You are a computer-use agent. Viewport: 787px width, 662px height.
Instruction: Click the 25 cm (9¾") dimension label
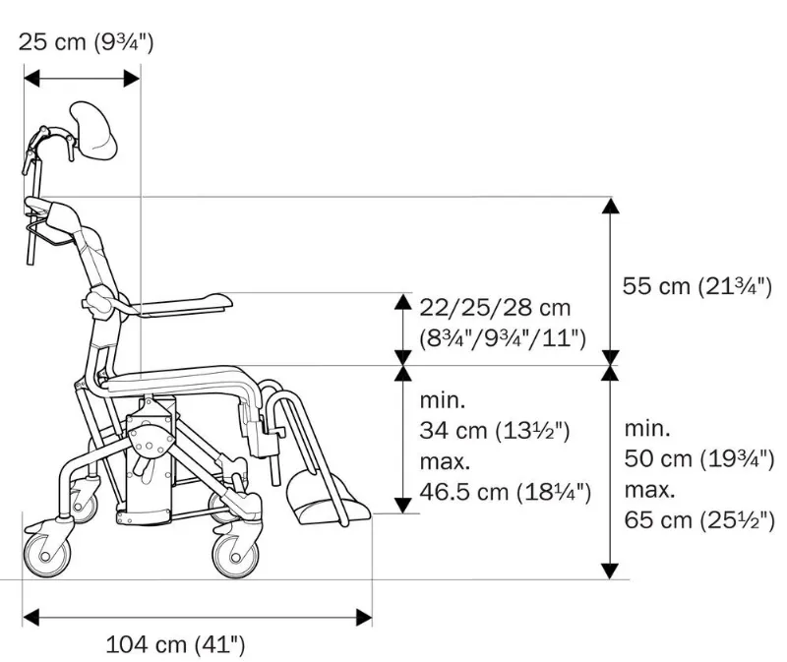pyautogui.click(x=88, y=42)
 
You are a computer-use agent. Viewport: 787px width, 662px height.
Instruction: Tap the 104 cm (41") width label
pyautogui.click(x=175, y=645)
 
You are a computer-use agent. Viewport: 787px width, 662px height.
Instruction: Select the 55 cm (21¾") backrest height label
pyautogui.click(x=696, y=286)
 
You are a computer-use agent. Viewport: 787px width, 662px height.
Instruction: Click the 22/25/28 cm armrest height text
pyautogui.click(x=494, y=309)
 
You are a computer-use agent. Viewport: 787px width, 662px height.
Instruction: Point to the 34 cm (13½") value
pyautogui.click(x=496, y=430)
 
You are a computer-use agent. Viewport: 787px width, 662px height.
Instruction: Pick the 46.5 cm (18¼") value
pyautogui.click(x=506, y=491)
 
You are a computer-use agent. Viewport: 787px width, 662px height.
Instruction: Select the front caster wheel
pyautogui.click(x=237, y=554)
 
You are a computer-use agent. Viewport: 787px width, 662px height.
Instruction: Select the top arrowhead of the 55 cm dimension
pyautogui.click(x=610, y=208)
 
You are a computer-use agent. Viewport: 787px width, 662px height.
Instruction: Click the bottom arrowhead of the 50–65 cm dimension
pyautogui.click(x=610, y=570)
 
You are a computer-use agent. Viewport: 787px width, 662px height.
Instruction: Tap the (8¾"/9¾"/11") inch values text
pyautogui.click(x=503, y=339)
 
